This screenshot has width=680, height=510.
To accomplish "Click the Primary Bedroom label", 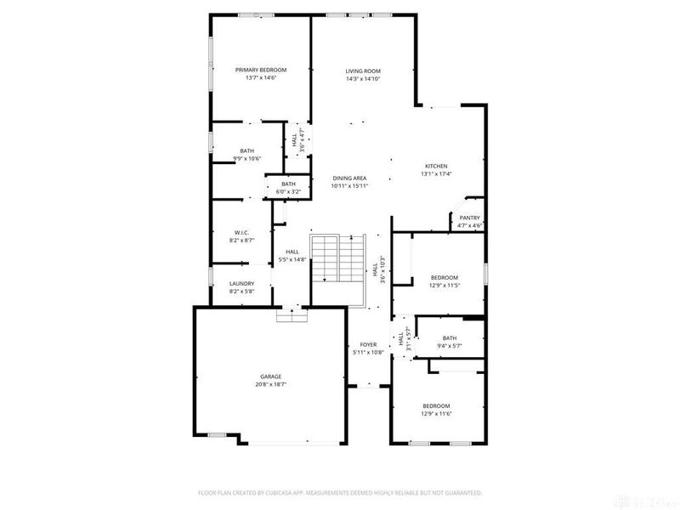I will pyautogui.click(x=261, y=70).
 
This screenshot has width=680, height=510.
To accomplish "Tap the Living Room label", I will pyautogui.click(x=362, y=71).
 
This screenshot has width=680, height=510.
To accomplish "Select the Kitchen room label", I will pyautogui.click(x=436, y=166).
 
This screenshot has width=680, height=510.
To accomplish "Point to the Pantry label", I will pyautogui.click(x=470, y=218).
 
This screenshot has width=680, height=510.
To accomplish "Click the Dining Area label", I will pyautogui.click(x=349, y=178).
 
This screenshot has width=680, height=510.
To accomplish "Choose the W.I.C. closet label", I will pyautogui.click(x=241, y=232).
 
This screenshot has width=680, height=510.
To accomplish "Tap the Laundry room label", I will pyautogui.click(x=241, y=284).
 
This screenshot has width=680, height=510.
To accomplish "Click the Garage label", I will pyautogui.click(x=270, y=377).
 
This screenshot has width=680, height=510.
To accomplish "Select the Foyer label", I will pyautogui.click(x=368, y=344).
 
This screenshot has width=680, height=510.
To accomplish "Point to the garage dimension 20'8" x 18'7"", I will pyautogui.click(x=270, y=384).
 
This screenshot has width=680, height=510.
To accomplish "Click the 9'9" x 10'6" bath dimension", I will pyautogui.click(x=246, y=158).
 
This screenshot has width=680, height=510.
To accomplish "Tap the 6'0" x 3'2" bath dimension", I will pyautogui.click(x=289, y=191).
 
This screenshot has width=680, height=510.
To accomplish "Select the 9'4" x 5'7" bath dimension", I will pyautogui.click(x=450, y=345).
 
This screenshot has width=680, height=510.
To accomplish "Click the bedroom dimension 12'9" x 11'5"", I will pyautogui.click(x=444, y=286).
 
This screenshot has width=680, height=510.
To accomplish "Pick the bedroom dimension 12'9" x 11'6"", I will pyautogui.click(x=436, y=413).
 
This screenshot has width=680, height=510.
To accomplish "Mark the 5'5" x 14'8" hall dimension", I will pyautogui.click(x=292, y=259).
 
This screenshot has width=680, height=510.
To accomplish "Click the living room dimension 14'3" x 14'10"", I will pyautogui.click(x=362, y=78).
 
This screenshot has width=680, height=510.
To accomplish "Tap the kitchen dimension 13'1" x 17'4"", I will pyautogui.click(x=436, y=173).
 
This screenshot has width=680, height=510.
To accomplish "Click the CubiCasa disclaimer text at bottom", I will pyautogui.click(x=340, y=492).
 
